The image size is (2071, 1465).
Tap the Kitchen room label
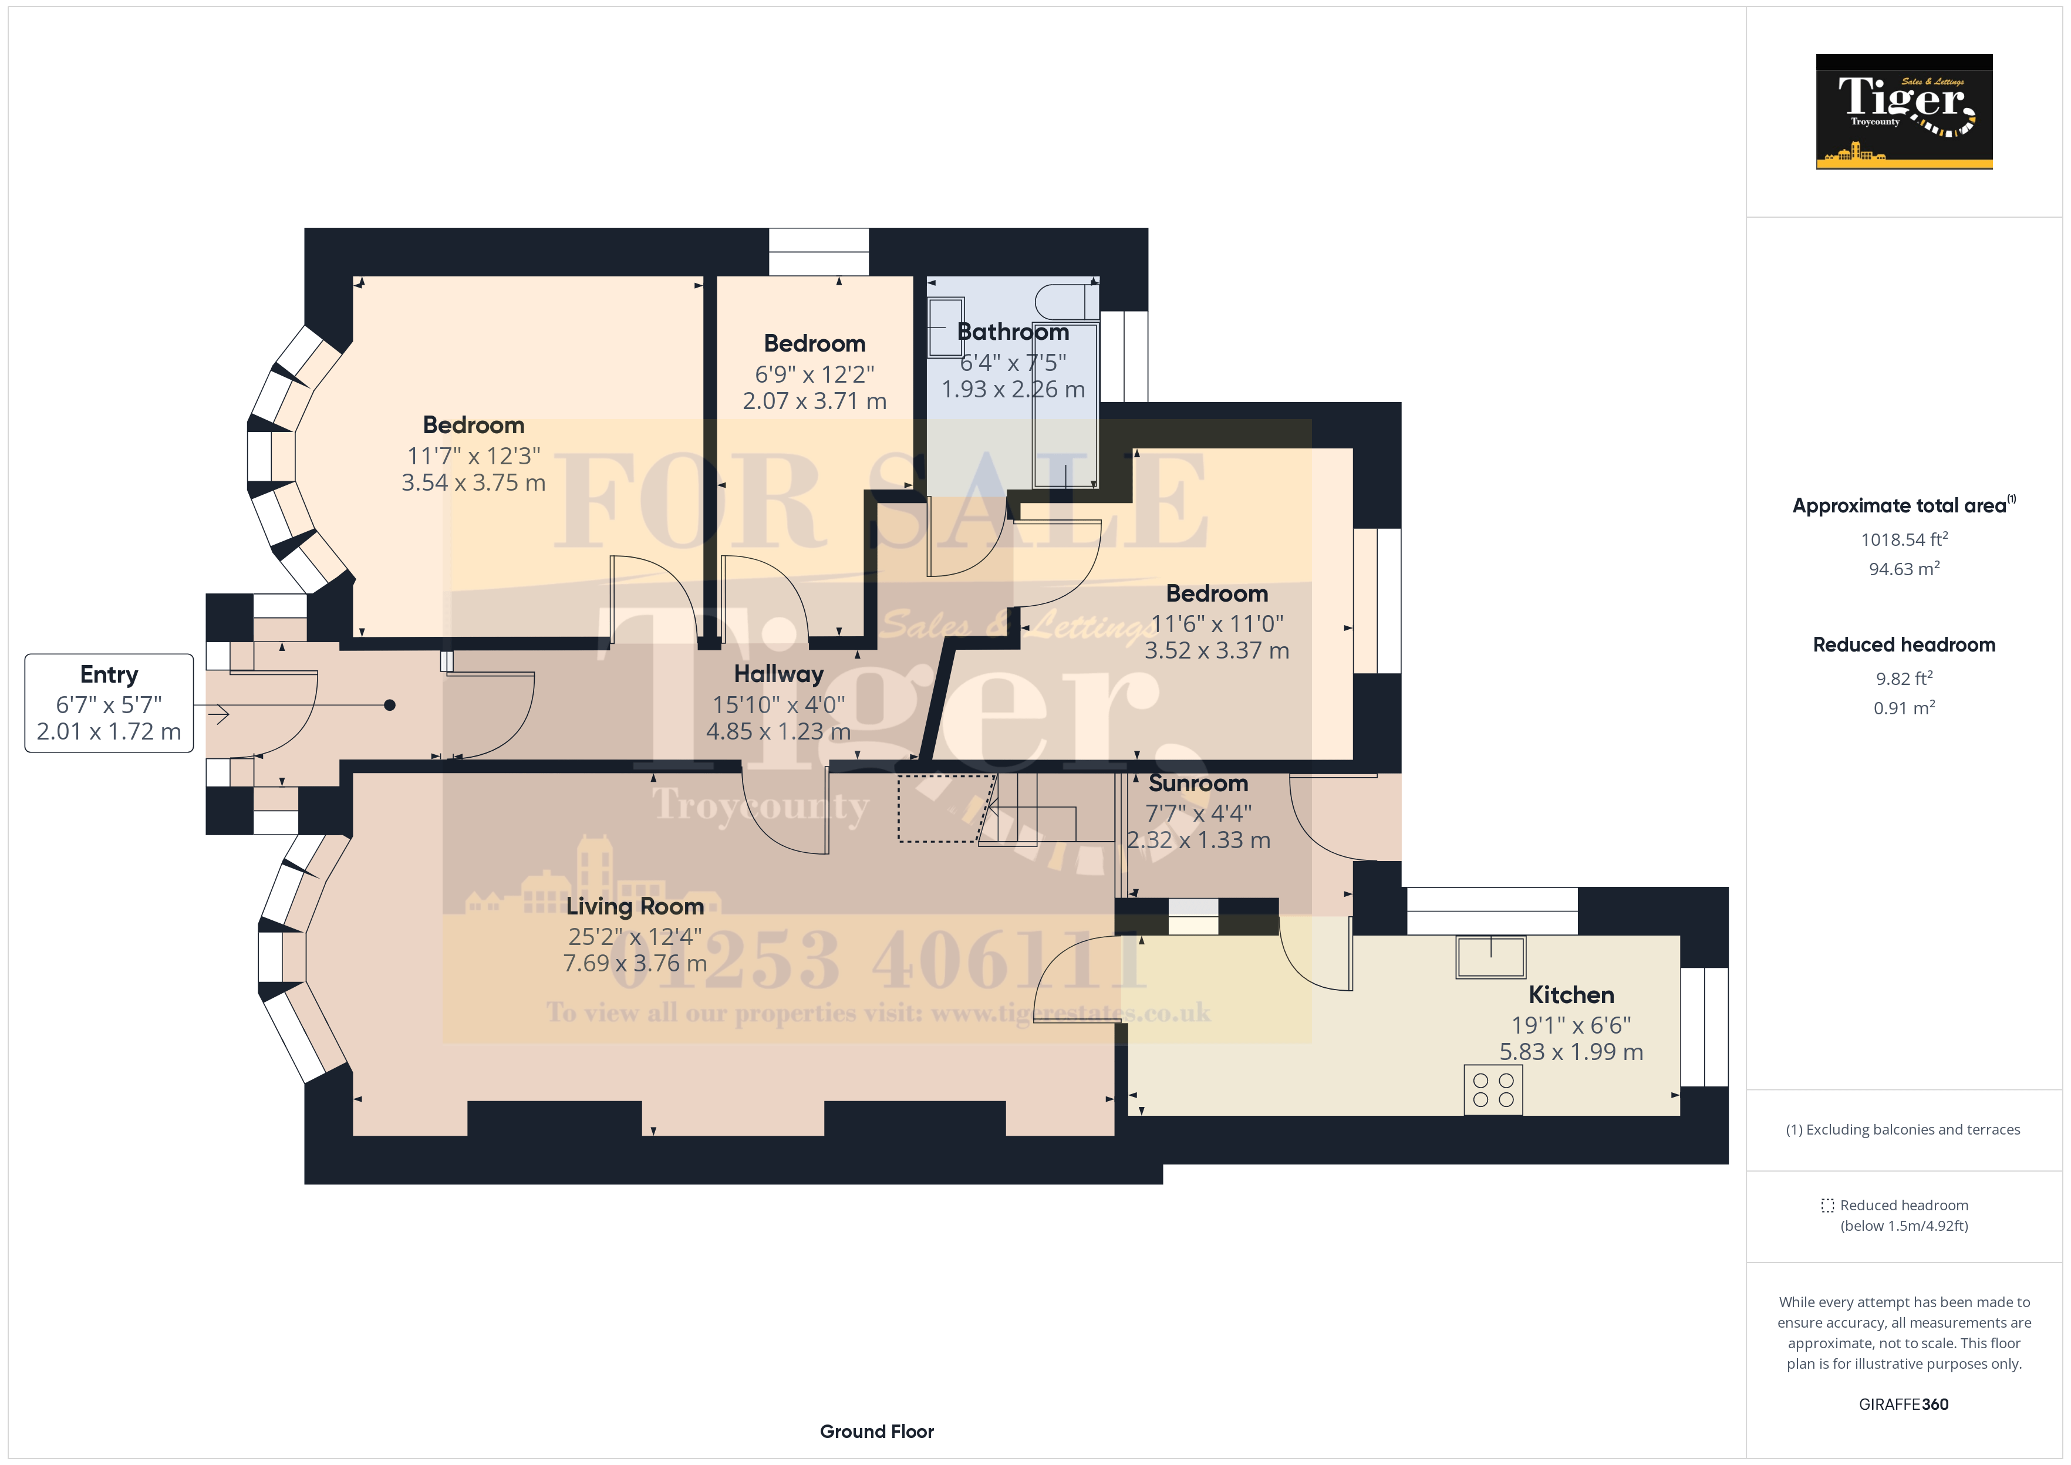tap(1570, 994)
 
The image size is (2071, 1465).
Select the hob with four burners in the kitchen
tap(1493, 1090)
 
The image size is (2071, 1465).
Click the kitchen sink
tap(1490, 957)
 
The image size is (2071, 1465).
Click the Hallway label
tap(778, 674)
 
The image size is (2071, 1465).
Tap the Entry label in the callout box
tap(109, 675)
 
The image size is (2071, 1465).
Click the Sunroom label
tap(1198, 783)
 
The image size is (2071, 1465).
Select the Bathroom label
tap(1013, 332)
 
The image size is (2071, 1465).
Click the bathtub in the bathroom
tap(1065, 403)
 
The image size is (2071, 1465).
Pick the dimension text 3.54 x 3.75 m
tap(474, 482)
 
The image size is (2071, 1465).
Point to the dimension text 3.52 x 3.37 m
tap(1217, 650)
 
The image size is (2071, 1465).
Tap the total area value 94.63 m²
tap(1904, 568)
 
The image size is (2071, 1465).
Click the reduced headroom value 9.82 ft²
tap(1904, 679)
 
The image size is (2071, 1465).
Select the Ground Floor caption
tap(877, 1432)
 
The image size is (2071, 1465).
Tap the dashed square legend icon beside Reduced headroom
tap(1827, 1205)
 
